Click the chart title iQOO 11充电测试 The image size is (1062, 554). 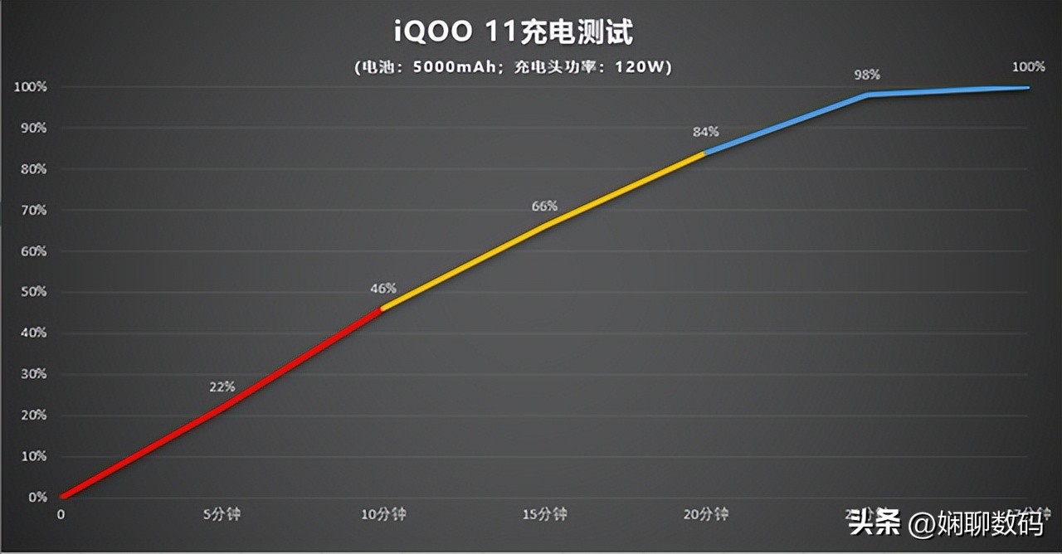pyautogui.click(x=513, y=33)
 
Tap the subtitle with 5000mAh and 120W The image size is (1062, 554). pyautogui.click(x=513, y=67)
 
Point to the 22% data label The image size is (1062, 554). pyautogui.click(x=222, y=386)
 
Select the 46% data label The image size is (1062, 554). pyautogui.click(x=383, y=289)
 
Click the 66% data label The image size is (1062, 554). pyautogui.click(x=544, y=206)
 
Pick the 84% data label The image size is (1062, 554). pyautogui.click(x=705, y=132)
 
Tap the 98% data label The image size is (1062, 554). pyautogui.click(x=867, y=75)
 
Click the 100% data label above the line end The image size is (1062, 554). pyautogui.click(x=1029, y=67)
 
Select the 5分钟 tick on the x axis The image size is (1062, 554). pyautogui.click(x=222, y=514)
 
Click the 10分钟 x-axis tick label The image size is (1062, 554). pyautogui.click(x=383, y=514)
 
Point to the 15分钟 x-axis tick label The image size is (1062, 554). pyautogui.click(x=544, y=514)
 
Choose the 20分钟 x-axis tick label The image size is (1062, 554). pyautogui.click(x=706, y=514)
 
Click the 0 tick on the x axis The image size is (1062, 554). pyautogui.click(x=61, y=514)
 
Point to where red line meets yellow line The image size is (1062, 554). pyautogui.click(x=382, y=309)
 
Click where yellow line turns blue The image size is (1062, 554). pyautogui.click(x=704, y=153)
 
